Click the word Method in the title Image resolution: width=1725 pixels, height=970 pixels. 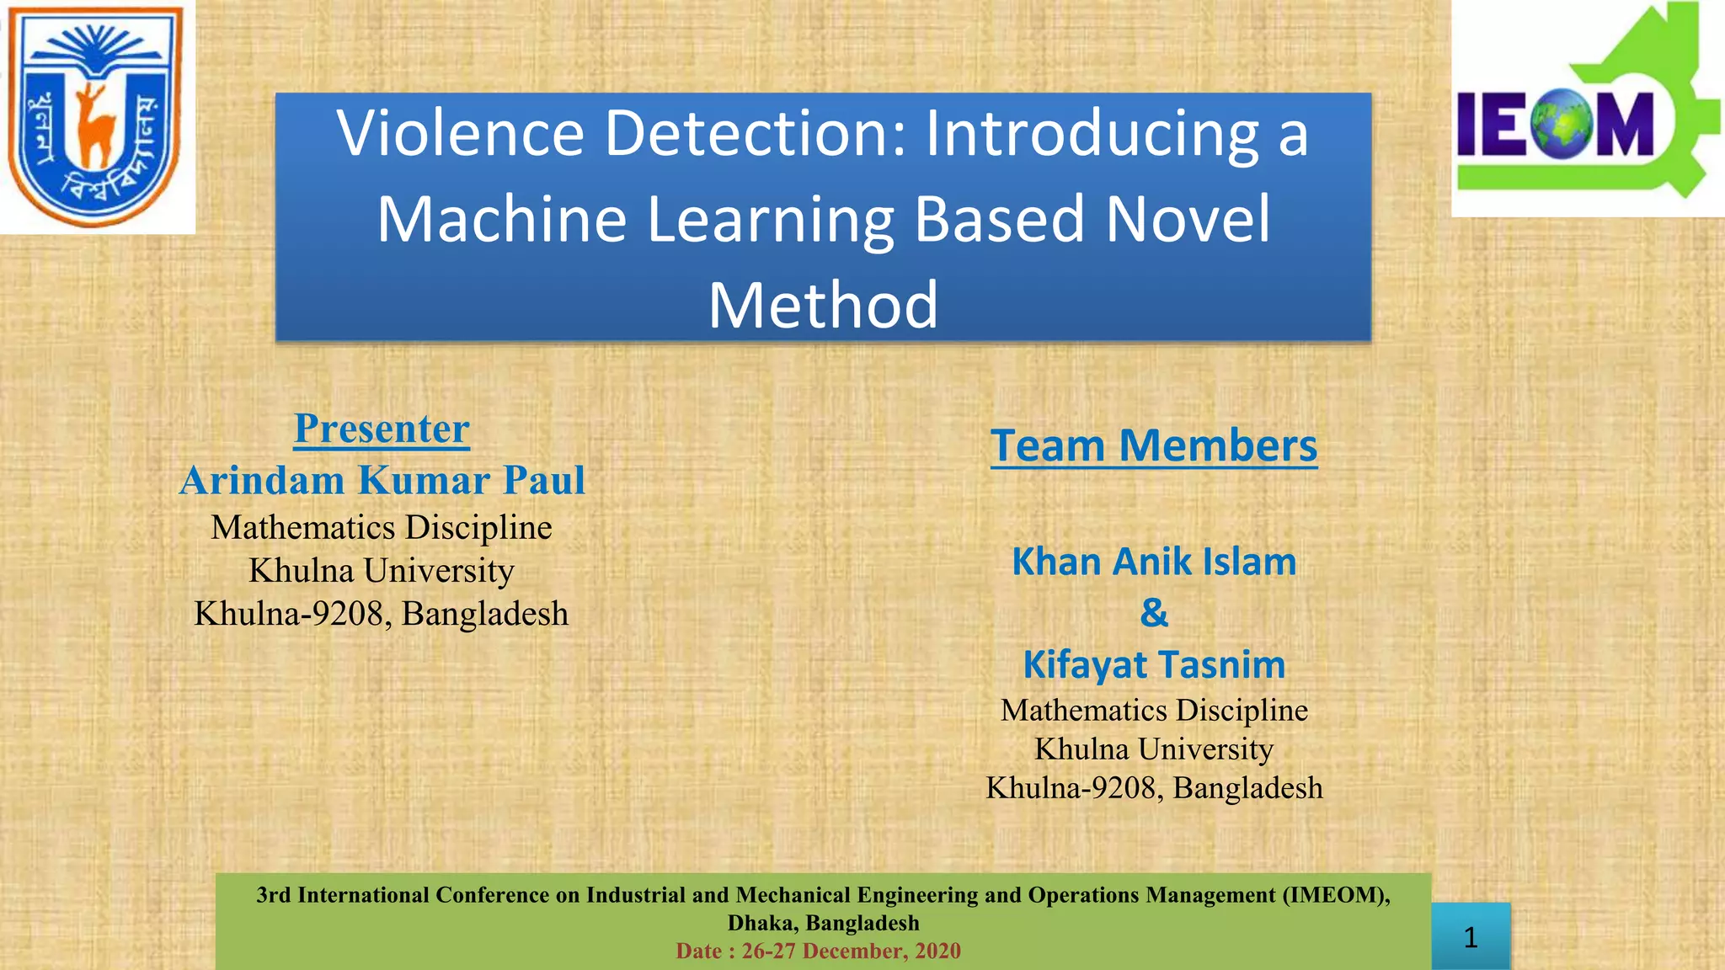coord(823,305)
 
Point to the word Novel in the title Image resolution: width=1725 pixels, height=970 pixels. coord(1188,219)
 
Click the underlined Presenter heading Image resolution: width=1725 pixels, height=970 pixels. coord(382,429)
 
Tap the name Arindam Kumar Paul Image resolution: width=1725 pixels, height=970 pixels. coord(382,481)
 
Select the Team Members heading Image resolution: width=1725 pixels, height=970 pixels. coord(1154,445)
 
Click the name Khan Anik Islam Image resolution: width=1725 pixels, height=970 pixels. coord(1154,562)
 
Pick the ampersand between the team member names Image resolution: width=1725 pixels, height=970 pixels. coord(1154,613)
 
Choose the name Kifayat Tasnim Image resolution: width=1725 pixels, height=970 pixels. coord(1154,664)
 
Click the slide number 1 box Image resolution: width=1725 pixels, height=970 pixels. coord(1471,937)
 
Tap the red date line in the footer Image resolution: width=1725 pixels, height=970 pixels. coord(818,951)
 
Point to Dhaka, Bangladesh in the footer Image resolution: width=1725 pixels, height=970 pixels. coord(823,923)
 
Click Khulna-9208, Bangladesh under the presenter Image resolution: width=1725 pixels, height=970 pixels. coord(382,614)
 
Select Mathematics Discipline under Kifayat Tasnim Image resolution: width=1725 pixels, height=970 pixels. coord(1154,711)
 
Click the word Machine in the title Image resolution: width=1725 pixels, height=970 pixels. coord(502,219)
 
